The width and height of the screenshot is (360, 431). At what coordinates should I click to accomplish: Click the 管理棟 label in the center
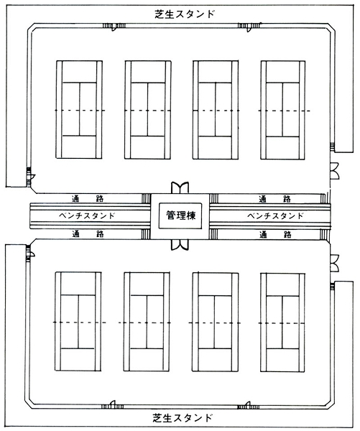pyautogui.click(x=180, y=215)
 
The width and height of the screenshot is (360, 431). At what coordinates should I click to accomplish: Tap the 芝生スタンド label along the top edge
pyautogui.click(x=185, y=14)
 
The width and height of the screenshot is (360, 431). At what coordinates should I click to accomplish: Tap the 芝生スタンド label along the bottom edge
pyautogui.click(x=183, y=418)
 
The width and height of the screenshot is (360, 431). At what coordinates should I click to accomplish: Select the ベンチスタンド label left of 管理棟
pyautogui.click(x=87, y=215)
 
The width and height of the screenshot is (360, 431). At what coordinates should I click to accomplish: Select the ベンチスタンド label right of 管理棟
pyautogui.click(x=275, y=215)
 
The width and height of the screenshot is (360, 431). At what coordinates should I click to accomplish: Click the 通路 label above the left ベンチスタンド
pyautogui.click(x=88, y=198)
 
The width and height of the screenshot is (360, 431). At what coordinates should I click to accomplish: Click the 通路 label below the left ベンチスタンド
pyautogui.click(x=88, y=234)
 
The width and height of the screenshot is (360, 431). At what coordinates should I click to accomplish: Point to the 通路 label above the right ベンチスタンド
pyautogui.click(x=275, y=198)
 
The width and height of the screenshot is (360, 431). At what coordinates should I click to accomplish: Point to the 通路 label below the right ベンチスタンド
pyautogui.click(x=275, y=234)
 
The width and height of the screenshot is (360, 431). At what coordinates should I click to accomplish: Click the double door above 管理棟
pyautogui.click(x=180, y=187)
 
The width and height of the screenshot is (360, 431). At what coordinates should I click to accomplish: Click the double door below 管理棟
pyautogui.click(x=180, y=244)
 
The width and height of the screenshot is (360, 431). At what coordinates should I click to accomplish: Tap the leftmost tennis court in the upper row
pyautogui.click(x=79, y=110)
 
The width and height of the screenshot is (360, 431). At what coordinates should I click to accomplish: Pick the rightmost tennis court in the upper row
pyautogui.click(x=283, y=110)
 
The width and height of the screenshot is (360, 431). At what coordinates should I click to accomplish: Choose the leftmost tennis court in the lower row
pyautogui.click(x=78, y=322)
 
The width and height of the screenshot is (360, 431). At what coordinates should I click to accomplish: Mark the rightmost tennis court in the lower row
pyautogui.click(x=282, y=323)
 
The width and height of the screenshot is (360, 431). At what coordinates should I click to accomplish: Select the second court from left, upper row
pyautogui.click(x=148, y=110)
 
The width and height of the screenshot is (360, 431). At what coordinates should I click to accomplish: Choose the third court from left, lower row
pyautogui.click(x=216, y=323)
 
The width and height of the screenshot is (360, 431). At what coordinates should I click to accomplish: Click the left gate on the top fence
pyautogui.click(x=114, y=27)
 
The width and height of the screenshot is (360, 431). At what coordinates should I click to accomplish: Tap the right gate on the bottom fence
pyautogui.click(x=249, y=405)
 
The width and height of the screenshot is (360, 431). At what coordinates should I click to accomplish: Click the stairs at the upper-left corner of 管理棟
pyautogui.click(x=146, y=198)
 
